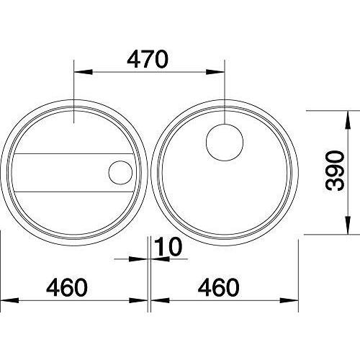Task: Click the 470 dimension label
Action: click(148, 59)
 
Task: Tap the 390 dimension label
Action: click(335, 171)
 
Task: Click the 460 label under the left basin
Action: click(67, 287)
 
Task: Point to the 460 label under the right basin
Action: click(219, 287)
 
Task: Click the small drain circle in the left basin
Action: click(120, 173)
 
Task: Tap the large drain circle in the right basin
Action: click(225, 143)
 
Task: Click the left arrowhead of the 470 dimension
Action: click(84, 72)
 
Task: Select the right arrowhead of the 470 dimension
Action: click(215, 72)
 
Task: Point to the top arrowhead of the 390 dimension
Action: click(348, 120)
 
